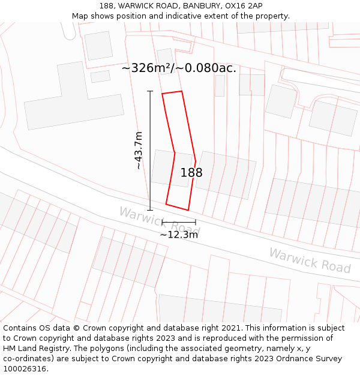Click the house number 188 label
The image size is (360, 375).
pyautogui.click(x=191, y=173)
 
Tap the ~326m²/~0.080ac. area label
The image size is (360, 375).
pyautogui.click(x=179, y=68)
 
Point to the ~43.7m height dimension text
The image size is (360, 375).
pyautogui.click(x=139, y=150)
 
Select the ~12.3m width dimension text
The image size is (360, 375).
pyautogui.click(x=178, y=235)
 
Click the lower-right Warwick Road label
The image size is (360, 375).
pyautogui.click(x=310, y=260)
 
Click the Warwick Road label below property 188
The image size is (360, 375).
pyautogui.click(x=159, y=220)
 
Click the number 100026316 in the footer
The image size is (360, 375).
pyautogui.click(x=26, y=368)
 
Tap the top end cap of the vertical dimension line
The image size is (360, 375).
pyautogui.click(x=150, y=91)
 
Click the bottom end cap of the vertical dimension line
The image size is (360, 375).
pyautogui.click(x=150, y=210)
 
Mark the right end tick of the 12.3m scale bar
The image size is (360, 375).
pyautogui.click(x=195, y=223)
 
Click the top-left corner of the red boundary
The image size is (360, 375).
pyautogui.click(x=162, y=94)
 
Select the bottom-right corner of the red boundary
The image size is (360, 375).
pyautogui.click(x=188, y=210)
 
